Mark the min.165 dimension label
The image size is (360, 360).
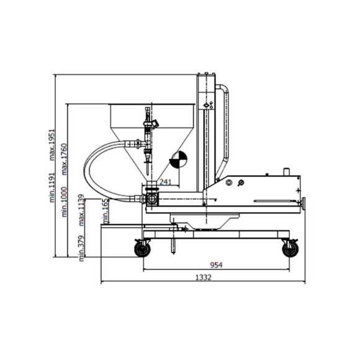[106, 210]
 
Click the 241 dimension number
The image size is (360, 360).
[166, 181]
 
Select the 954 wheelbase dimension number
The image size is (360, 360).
[215, 264]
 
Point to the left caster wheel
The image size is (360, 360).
[142, 250]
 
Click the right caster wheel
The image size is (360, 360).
[289, 250]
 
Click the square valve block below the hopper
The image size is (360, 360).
[151, 200]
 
